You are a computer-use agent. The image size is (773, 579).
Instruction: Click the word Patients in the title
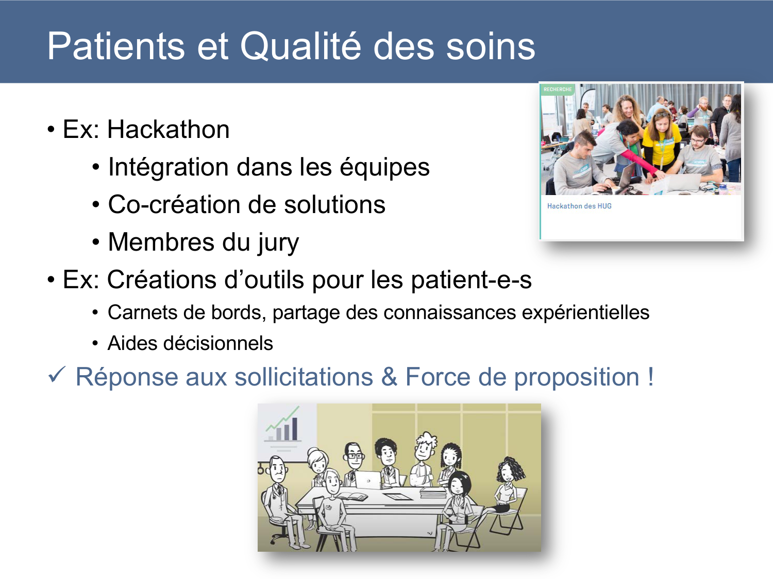[114, 46]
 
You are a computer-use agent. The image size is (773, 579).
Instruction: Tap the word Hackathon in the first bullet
[168, 129]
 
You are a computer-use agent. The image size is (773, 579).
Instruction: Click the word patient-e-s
[471, 280]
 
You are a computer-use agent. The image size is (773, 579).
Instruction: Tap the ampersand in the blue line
[389, 377]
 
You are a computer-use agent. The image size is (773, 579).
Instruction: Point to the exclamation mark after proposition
[651, 377]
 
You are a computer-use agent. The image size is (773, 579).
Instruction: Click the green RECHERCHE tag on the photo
[558, 90]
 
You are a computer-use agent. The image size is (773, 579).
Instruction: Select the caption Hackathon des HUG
[579, 206]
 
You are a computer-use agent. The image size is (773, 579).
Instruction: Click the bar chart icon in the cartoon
[283, 426]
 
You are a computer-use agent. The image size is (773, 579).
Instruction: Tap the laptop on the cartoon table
[367, 480]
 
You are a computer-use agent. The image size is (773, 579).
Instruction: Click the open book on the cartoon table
[352, 497]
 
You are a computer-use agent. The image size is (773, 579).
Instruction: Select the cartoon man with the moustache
[277, 471]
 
